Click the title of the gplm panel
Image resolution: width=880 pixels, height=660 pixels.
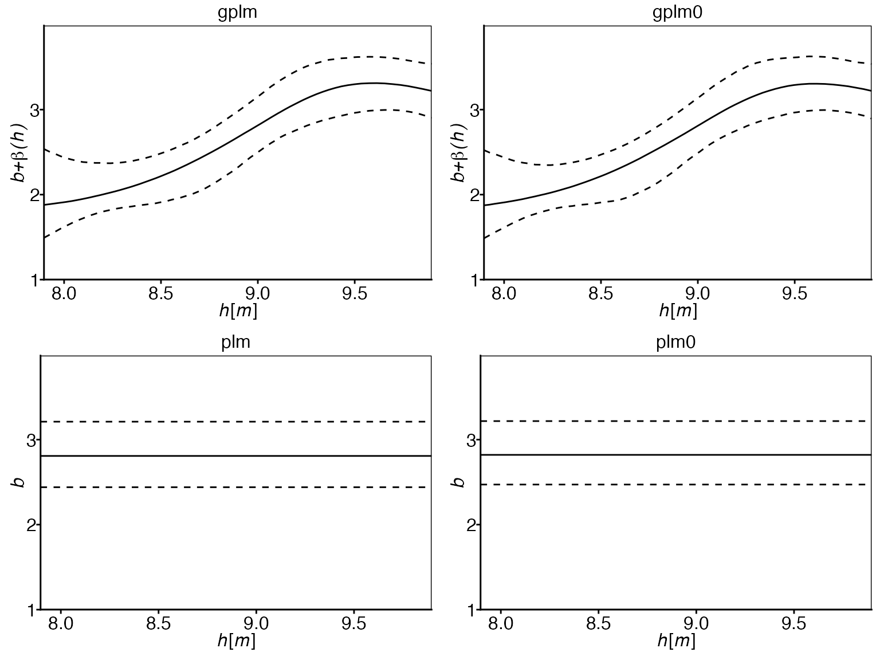[x=237, y=13]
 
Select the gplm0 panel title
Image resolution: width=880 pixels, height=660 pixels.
[x=677, y=13]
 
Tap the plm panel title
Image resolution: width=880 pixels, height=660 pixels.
[x=235, y=343]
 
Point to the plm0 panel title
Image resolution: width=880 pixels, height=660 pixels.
[x=675, y=343]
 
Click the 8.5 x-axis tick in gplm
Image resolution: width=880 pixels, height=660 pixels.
[x=161, y=294]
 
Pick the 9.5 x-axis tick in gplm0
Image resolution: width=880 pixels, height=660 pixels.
[x=794, y=294]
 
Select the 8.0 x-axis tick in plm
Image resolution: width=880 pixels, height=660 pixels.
[x=61, y=623]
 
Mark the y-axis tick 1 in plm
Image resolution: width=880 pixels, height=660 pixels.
[x=31, y=610]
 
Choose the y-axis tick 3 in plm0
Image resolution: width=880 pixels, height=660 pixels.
[x=472, y=440]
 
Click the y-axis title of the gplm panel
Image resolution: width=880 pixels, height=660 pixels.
[x=19, y=153]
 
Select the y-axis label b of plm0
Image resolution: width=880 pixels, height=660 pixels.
[x=458, y=482]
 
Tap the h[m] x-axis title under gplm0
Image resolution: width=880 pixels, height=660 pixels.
[x=678, y=311]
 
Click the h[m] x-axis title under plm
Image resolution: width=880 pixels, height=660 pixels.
[x=236, y=641]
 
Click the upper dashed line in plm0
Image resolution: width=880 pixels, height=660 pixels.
[x=676, y=421]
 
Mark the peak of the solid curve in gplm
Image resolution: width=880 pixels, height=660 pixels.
[x=373, y=83]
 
